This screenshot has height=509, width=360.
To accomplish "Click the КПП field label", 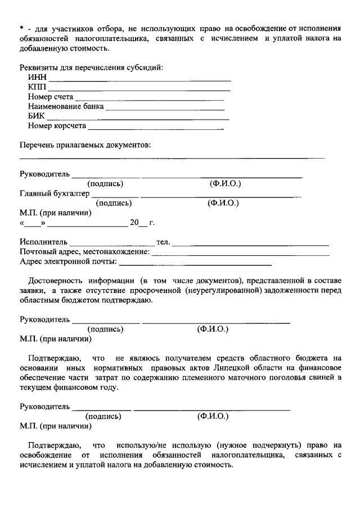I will click(x=37, y=87).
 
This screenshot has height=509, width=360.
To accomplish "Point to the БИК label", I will click(x=36, y=116).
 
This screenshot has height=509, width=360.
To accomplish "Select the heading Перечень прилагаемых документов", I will click(x=85, y=145).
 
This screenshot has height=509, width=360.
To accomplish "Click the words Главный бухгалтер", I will click(x=55, y=193).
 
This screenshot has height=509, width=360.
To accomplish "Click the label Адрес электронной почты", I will click(x=68, y=261).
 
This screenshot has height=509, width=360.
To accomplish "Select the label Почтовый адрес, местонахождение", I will click(x=84, y=251).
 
